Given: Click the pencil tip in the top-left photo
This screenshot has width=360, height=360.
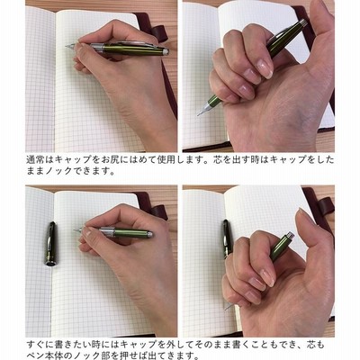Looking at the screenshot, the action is [66, 46].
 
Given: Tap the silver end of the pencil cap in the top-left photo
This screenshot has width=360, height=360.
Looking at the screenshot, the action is [166, 52].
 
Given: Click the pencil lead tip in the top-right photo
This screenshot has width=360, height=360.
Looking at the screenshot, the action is [198, 114].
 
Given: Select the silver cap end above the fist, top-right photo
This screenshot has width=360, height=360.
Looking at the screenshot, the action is [303, 22].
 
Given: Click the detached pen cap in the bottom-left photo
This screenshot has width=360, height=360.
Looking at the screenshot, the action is [51, 244].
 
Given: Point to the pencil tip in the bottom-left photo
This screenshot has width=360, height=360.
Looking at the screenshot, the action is [75, 230].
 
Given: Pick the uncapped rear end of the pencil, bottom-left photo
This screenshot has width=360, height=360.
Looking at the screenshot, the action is [149, 234].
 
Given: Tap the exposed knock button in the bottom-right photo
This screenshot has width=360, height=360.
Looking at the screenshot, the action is [290, 235].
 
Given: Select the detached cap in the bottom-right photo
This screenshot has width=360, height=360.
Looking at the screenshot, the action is [228, 238].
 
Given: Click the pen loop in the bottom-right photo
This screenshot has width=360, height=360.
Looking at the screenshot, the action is [326, 207].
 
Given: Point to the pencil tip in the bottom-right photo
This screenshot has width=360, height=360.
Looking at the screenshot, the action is [226, 308].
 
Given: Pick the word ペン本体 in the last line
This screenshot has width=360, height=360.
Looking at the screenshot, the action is [45, 355].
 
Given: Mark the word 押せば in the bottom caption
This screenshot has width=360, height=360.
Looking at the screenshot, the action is [139, 355].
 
